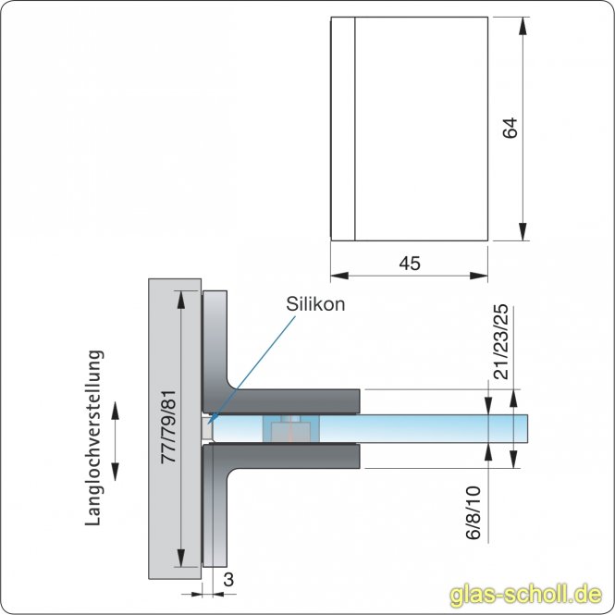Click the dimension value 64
[x=510, y=128]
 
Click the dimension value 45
[x=410, y=264]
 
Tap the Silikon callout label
[x=315, y=304]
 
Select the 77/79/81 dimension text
[x=169, y=427]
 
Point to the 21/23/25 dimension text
[x=500, y=341]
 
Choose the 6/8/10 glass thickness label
[x=473, y=513]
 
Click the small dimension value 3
[x=228, y=580]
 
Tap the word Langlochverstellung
[x=94, y=437]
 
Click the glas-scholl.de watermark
[x=525, y=595]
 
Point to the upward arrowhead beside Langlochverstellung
[x=115, y=411]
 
